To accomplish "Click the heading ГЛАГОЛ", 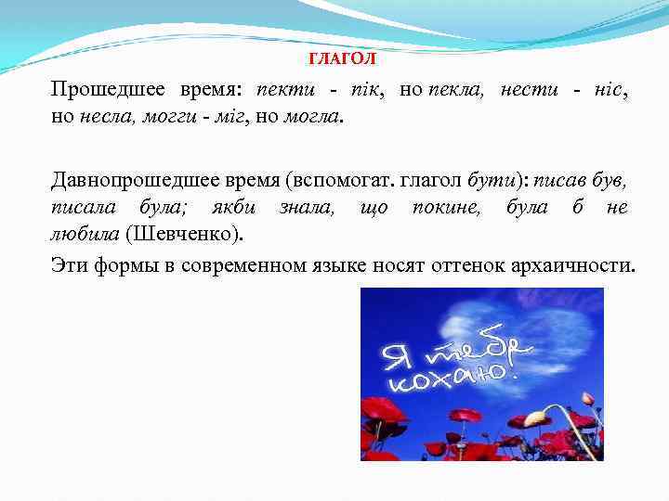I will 342,59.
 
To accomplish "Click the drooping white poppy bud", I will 536,418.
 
